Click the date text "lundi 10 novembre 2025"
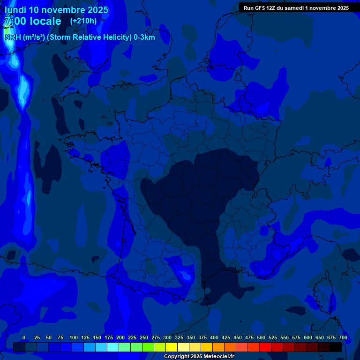pyautogui.click(x=56, y=10)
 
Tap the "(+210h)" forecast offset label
pyautogui.click(x=83, y=21)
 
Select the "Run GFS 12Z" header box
pyautogui.click(x=296, y=7)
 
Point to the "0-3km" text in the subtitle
pyautogui.click(x=144, y=37)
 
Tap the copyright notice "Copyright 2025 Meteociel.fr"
pyautogui.click(x=199, y=357)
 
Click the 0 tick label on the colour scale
pyautogui.click(x=24, y=337)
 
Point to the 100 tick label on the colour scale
pyautogui.click(x=74, y=337)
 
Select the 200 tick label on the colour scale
pyautogui.click(x=120, y=337)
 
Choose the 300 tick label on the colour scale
pyautogui.click(x=167, y=337)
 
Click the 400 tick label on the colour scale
pyautogui.click(x=214, y=337)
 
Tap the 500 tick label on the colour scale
pyautogui.click(x=261, y=337)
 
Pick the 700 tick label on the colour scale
pyautogui.click(x=343, y=337)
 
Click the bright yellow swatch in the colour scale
pyautogui.click(x=172, y=347)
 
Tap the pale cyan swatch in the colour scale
pyautogui.click(x=113, y=347)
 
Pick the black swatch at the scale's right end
pyautogui.click(x=336, y=347)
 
